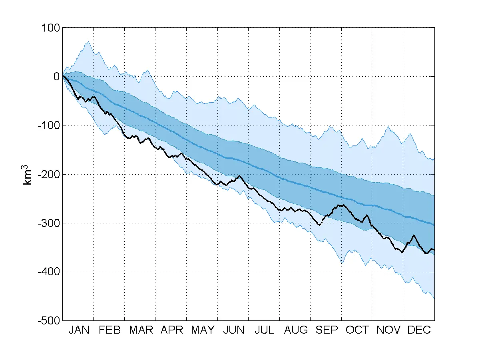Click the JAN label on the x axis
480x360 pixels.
pyautogui.click(x=79, y=330)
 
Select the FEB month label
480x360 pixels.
pyautogui.click(x=110, y=330)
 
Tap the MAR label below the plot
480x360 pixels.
pyautogui.click(x=141, y=330)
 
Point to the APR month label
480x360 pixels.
pyautogui.click(x=172, y=330)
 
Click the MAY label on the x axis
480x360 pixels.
pyautogui.click(x=203, y=330)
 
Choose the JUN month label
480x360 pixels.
pyautogui.click(x=234, y=330)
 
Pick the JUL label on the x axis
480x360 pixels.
pyautogui.click(x=264, y=330)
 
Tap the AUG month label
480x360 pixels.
pyautogui.click(x=296, y=330)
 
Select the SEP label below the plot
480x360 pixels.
pyautogui.click(x=327, y=330)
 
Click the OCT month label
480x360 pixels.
pyautogui.click(x=357, y=330)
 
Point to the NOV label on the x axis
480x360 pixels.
pyautogui.click(x=388, y=330)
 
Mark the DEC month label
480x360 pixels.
pyautogui.click(x=419, y=330)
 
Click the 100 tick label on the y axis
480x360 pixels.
pyautogui.click(x=50, y=28)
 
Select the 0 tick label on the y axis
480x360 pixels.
pyautogui.click(x=56, y=77)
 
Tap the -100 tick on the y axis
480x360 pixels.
pyautogui.click(x=48, y=125)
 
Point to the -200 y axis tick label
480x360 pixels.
pyautogui.click(x=48, y=174)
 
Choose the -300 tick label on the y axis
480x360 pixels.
pyautogui.click(x=48, y=223)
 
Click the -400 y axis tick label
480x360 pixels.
pyautogui.click(x=48, y=272)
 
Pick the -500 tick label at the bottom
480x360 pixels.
pyautogui.click(x=48, y=321)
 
